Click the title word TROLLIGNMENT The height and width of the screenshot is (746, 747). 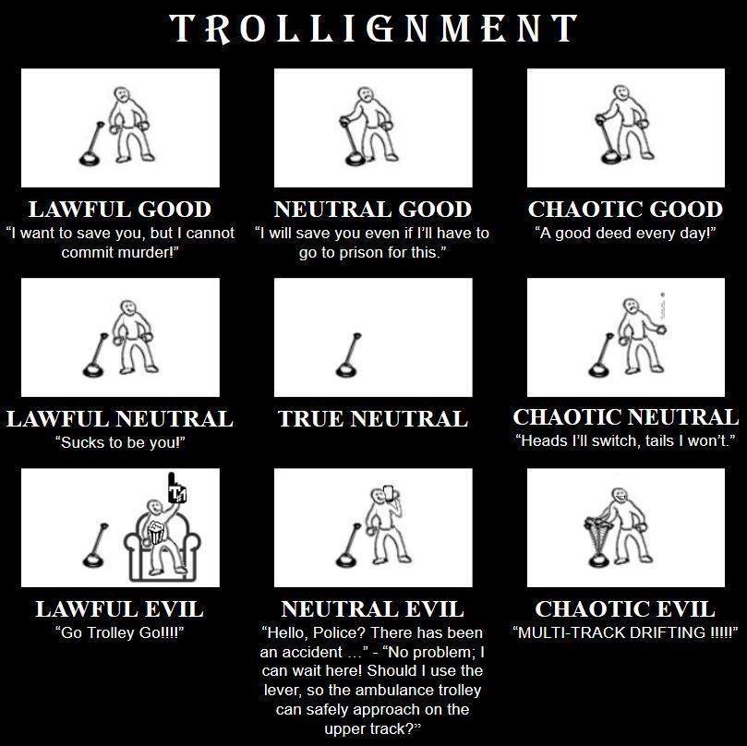(x=374, y=29)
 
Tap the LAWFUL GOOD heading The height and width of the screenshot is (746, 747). (x=120, y=210)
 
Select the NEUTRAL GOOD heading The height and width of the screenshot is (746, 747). (x=373, y=210)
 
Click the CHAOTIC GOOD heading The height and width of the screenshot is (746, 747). (x=625, y=210)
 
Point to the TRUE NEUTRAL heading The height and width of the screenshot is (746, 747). (x=373, y=419)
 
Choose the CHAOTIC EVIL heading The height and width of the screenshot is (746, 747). (x=625, y=609)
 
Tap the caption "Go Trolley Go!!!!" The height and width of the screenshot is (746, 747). (x=120, y=632)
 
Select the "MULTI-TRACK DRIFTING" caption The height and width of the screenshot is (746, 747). (x=625, y=632)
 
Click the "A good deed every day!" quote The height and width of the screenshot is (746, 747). (x=625, y=233)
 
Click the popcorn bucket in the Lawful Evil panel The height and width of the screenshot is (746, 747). (x=156, y=531)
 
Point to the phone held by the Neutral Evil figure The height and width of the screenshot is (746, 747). (x=388, y=495)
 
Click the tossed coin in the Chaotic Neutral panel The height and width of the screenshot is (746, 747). (x=662, y=297)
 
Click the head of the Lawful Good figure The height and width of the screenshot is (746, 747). (x=122, y=95)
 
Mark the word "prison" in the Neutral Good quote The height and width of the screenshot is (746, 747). (x=365, y=252)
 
